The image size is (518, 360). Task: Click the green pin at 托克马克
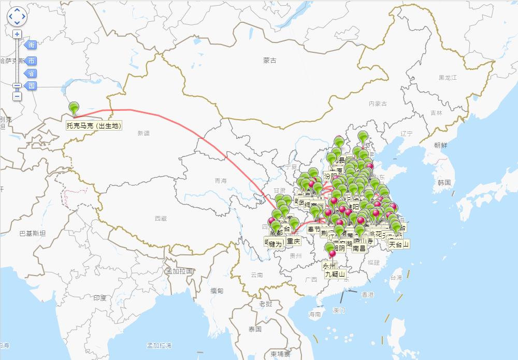(75, 108)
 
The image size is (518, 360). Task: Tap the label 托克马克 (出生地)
(94, 125)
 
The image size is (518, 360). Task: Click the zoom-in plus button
(17, 34)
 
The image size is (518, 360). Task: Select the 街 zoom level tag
(31, 45)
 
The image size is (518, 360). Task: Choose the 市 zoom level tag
(31, 61)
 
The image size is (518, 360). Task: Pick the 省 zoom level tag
(31, 74)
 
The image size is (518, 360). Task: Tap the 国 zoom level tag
(31, 86)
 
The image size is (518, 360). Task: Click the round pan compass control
(17, 16)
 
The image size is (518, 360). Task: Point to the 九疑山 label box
(335, 274)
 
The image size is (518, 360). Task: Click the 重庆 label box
(294, 240)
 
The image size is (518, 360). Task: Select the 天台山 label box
(399, 244)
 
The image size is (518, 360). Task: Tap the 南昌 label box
(359, 248)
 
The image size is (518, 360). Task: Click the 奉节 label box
(314, 229)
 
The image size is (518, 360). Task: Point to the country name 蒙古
(269, 61)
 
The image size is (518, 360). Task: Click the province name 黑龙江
(448, 78)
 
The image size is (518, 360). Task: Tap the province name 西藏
(161, 219)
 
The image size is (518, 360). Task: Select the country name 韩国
(444, 182)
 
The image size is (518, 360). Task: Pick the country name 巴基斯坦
(32, 234)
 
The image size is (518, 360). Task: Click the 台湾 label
(396, 278)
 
